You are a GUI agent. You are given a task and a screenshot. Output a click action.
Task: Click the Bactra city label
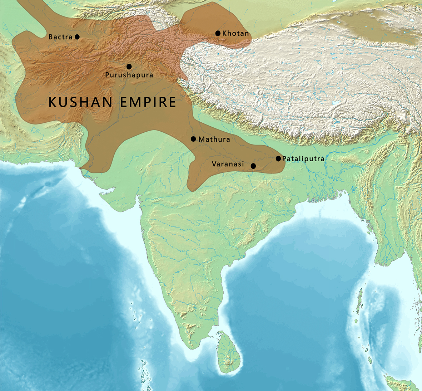pyautogui.click(x=60, y=37)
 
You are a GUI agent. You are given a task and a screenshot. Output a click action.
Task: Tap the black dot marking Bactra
pyautogui.click(x=77, y=36)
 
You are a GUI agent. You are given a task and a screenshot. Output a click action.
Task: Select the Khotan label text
pyautogui.click(x=235, y=33)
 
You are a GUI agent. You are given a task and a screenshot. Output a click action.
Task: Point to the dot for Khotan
pyautogui.click(x=218, y=33)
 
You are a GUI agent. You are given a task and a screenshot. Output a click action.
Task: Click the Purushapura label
pyautogui.click(x=129, y=75)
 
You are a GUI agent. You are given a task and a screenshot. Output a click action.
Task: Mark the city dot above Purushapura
pyautogui.click(x=129, y=67)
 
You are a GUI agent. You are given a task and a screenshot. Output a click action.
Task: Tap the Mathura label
pyautogui.click(x=214, y=139)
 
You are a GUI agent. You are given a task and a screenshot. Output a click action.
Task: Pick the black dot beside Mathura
pyautogui.click(x=193, y=139)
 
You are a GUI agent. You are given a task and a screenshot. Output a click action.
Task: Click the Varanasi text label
pyautogui.click(x=228, y=164)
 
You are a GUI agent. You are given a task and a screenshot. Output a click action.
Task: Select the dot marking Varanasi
pyautogui.click(x=253, y=166)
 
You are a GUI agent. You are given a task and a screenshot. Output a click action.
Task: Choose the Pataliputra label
pyautogui.click(x=303, y=158)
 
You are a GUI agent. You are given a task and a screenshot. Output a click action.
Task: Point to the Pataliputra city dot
pyautogui.click(x=278, y=158)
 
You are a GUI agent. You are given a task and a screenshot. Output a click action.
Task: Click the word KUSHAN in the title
pyautogui.click(x=80, y=102)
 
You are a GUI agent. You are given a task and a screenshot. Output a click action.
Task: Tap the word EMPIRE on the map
pyautogui.click(x=148, y=102)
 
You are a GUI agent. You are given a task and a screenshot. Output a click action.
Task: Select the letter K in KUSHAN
pyautogui.click(x=52, y=102)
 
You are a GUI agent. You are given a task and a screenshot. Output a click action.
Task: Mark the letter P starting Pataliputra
pyautogui.click(x=284, y=158)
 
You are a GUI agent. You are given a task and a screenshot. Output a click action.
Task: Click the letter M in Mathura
pyautogui.click(x=201, y=139)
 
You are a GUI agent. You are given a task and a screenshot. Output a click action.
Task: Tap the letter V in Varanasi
pyautogui.click(x=214, y=164)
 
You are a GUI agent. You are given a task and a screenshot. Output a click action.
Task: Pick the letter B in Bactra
pyautogui.click(x=50, y=37)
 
